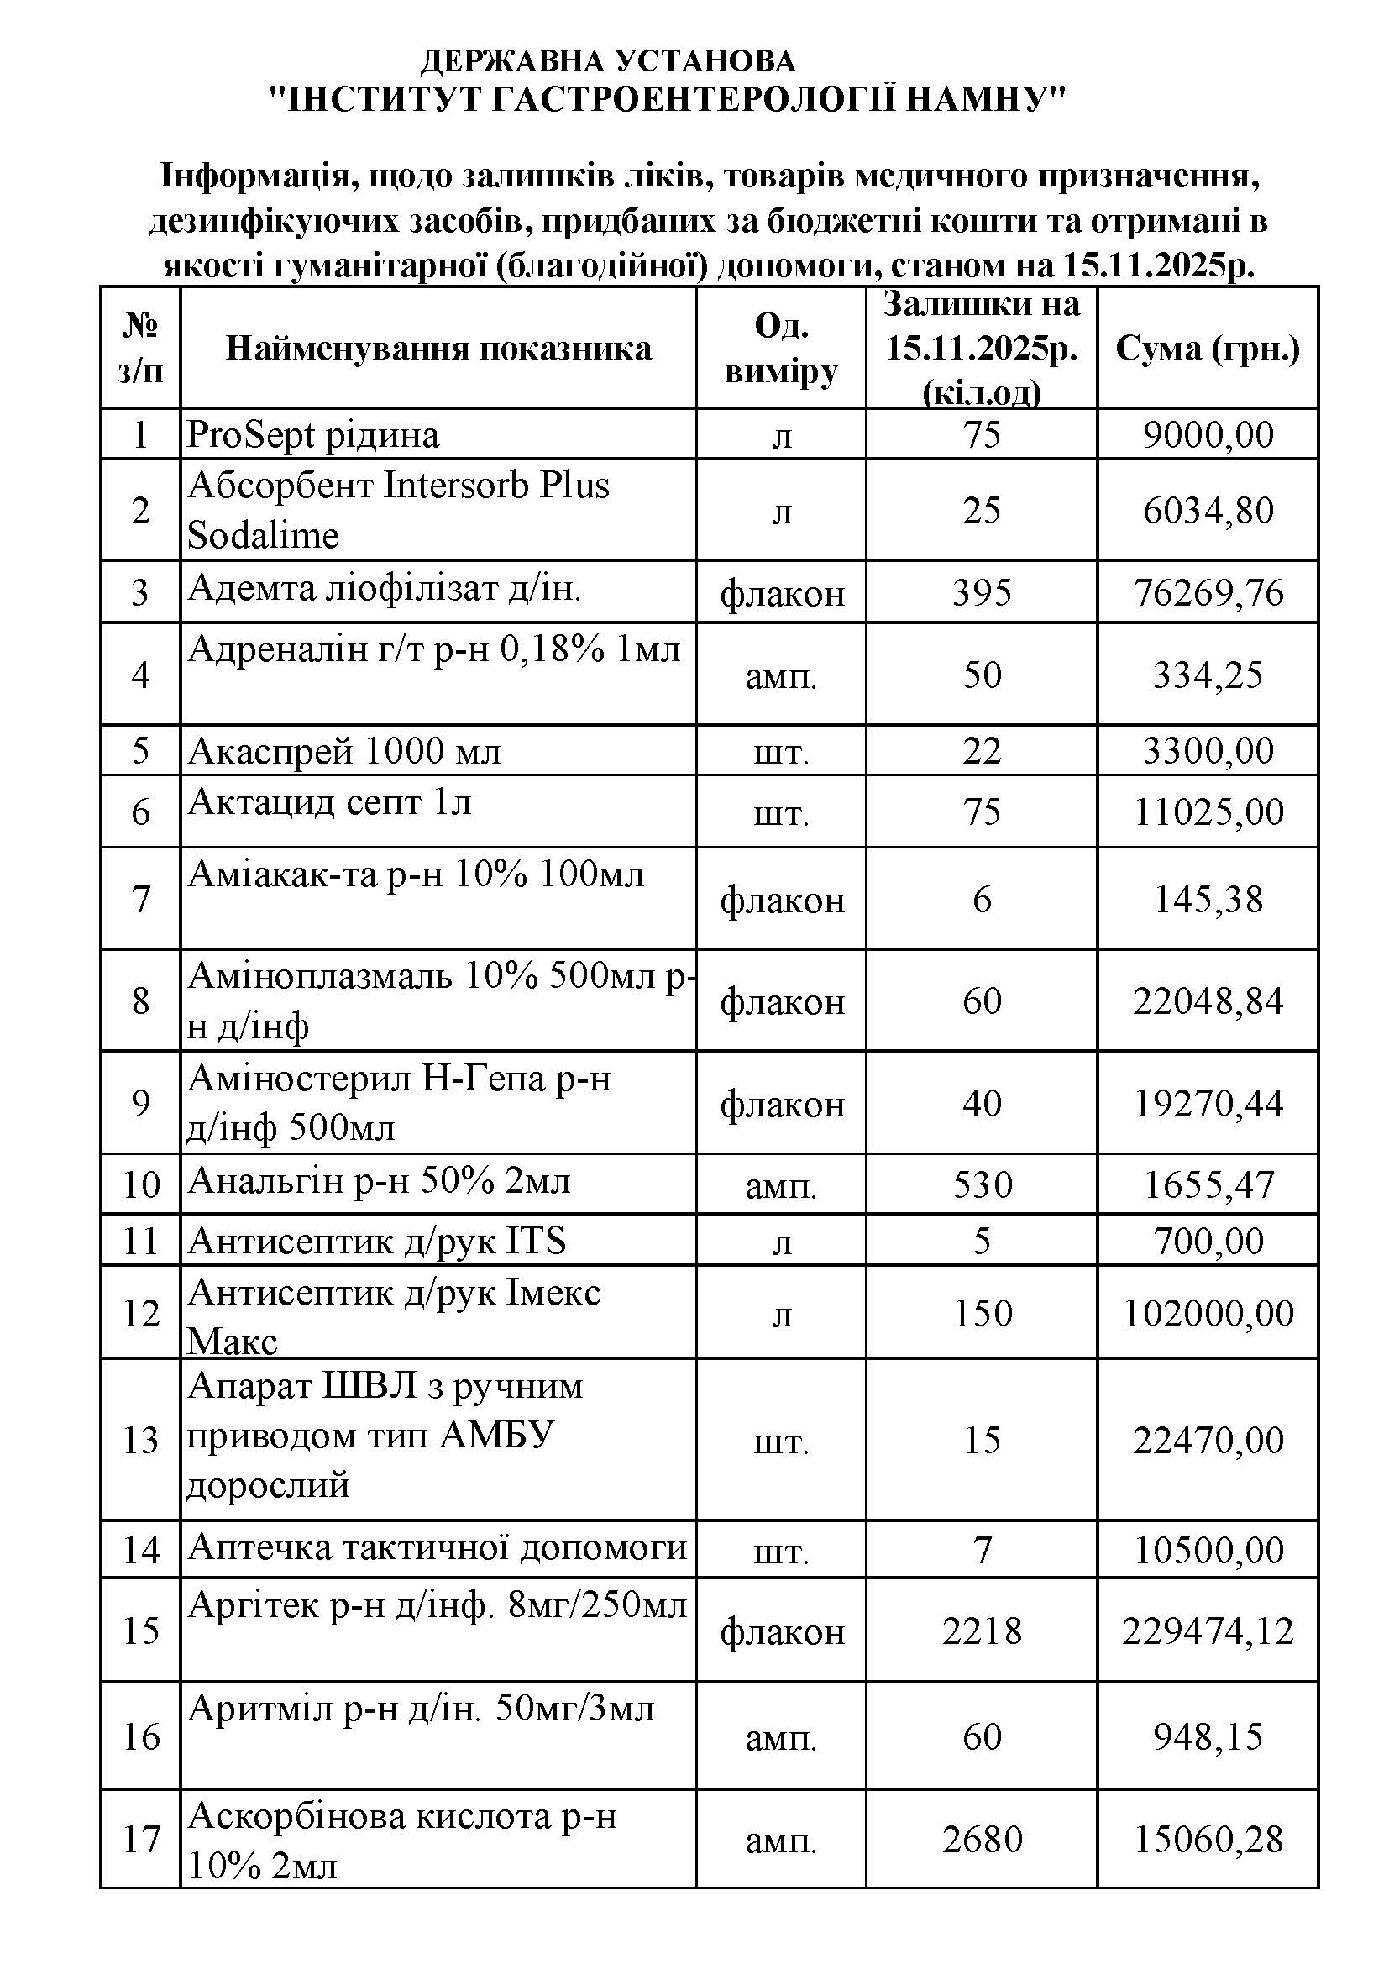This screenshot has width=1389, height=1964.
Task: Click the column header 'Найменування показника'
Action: click(x=438, y=349)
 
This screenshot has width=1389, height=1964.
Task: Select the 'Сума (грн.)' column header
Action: click(x=1207, y=349)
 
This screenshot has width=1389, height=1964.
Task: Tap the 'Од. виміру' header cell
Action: click(x=780, y=349)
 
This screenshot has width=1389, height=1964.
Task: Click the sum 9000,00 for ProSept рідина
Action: click(x=1208, y=435)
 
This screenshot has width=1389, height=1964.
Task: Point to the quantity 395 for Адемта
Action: click(x=981, y=593)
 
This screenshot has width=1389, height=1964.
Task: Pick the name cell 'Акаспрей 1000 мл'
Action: click(x=343, y=752)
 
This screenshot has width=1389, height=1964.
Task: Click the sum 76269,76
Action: click(x=1208, y=593)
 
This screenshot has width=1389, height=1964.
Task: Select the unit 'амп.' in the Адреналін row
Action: click(x=780, y=675)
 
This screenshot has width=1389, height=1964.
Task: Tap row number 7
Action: click(x=140, y=899)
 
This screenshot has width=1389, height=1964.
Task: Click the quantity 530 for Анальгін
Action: click(x=981, y=1184)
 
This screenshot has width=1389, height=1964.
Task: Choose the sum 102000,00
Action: click(x=1208, y=1313)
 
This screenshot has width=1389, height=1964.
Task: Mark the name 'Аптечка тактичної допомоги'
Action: click(x=437, y=1547)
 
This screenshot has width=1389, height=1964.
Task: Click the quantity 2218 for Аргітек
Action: click(x=981, y=1631)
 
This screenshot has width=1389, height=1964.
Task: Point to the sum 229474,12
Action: click(x=1208, y=1631)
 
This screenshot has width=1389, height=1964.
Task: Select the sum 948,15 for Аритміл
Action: click(x=1208, y=1736)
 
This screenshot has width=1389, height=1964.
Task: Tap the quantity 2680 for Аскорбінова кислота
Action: click(x=981, y=1839)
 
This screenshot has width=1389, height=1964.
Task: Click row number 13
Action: click(x=140, y=1441)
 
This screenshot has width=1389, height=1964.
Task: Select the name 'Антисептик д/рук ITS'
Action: click(x=376, y=1241)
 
